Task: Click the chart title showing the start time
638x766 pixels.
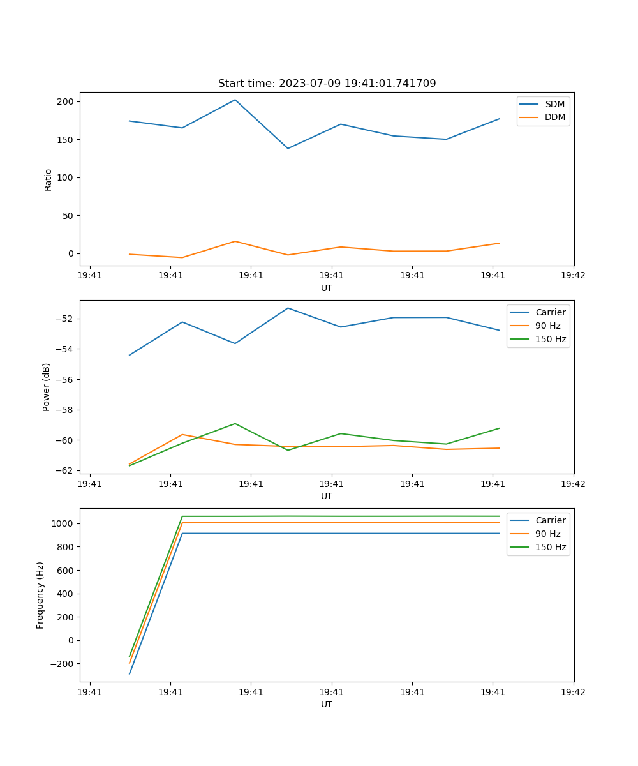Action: [327, 84]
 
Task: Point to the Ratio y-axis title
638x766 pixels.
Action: [48, 179]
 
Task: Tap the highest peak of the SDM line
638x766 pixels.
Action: [235, 100]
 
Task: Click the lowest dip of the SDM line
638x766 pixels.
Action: [288, 149]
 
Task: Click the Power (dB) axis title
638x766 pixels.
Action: [47, 387]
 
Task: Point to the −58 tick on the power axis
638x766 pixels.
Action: [65, 410]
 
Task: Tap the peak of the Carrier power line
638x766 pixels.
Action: [288, 308]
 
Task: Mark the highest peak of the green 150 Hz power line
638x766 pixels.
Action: [235, 423]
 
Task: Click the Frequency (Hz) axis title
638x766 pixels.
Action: [40, 595]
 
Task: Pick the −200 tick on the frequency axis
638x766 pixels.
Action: [63, 664]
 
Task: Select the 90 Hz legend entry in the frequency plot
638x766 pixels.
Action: [547, 534]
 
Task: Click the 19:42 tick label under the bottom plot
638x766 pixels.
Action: [573, 692]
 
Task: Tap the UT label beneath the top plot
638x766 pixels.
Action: [327, 288]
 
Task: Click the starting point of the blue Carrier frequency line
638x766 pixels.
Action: [130, 674]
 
